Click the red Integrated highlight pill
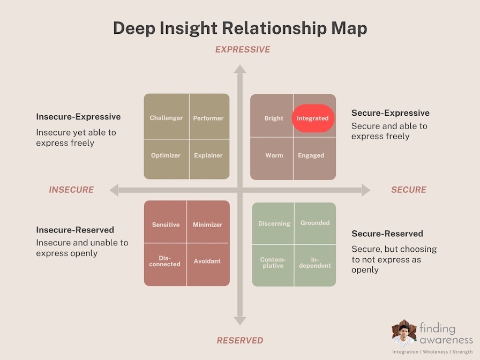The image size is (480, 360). coord(313,118)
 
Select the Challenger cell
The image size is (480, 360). coord(166,118)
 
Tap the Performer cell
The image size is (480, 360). coord(208,118)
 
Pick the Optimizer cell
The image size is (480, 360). coord(166,155)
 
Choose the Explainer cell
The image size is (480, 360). coord(208,155)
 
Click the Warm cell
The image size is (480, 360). coord(274,155)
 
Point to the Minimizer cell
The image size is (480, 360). coord(207,225)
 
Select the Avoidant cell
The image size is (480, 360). coord(207,261)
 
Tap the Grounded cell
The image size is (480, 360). coord(315,223)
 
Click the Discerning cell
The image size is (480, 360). coord(274,223)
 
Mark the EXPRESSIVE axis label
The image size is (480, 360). coord(243,50)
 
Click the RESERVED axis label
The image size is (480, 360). coord(240,340)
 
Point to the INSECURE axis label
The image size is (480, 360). coord(71,190)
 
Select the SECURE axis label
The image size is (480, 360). coord(409,190)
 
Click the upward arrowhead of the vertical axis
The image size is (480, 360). coord(240,69)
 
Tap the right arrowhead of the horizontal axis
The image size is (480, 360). coord(366,190)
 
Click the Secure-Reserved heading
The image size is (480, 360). coord(387,234)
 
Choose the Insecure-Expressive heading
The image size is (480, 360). coord(78,117)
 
